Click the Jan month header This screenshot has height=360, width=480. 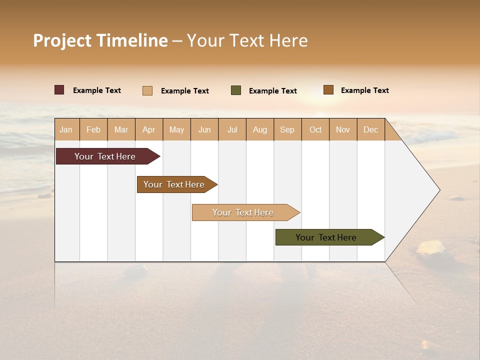[x=66, y=129]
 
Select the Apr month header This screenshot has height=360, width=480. [x=149, y=129]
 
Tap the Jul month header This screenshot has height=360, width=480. [x=232, y=129]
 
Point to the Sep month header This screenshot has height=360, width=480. [x=287, y=129]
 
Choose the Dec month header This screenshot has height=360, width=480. [x=370, y=129]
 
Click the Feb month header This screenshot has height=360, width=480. [x=93, y=129]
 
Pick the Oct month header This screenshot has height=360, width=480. [x=315, y=129]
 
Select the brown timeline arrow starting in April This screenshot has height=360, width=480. [x=175, y=184]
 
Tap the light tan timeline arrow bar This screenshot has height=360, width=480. [x=244, y=212]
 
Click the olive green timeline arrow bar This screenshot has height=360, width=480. [x=327, y=237]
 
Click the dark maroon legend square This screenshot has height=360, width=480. [x=59, y=90]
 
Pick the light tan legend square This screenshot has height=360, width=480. [x=147, y=90]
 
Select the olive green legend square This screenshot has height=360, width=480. [x=236, y=90]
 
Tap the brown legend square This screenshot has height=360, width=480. [x=328, y=90]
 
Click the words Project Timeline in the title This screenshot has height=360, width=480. [x=100, y=40]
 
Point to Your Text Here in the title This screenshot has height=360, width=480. [x=247, y=40]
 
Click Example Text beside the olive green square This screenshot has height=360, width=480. [x=272, y=91]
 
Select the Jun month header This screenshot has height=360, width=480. [x=204, y=129]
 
